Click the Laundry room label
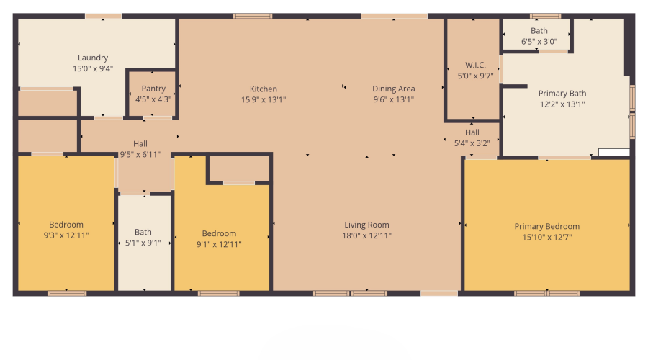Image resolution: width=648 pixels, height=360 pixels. pos(93,58)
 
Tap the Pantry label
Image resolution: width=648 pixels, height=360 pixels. pos(153,89)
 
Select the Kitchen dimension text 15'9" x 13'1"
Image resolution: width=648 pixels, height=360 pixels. pos(264,100)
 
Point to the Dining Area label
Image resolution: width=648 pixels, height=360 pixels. pos(393,89)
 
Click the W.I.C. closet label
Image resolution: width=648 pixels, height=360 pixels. pos(475,64)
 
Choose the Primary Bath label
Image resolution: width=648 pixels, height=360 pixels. pos(562,93)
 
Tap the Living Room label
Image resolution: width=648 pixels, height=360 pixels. pos(366,225)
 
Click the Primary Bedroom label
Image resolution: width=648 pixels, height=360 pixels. pos(546,226)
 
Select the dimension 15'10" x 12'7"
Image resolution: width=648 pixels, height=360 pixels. pos(546,237)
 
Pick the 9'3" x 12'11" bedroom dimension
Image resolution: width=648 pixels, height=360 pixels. pos(66,235)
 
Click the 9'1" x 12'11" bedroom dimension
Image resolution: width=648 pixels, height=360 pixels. pos(219,244)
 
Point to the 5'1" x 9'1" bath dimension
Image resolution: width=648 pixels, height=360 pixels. pos(143,243)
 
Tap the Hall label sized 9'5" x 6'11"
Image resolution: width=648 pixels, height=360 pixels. pos(140,143)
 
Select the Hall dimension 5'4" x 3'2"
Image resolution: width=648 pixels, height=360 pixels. pos(472,143)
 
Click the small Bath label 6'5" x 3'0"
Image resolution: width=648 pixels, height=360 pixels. pos(539,30)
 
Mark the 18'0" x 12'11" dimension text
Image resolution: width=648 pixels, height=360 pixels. pos(366,235)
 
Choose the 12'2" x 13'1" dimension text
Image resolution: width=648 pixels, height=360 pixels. pos(562,104)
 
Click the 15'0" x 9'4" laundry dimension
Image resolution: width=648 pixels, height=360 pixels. pos(93,68)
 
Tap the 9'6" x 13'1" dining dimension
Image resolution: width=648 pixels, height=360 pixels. pos(393,99)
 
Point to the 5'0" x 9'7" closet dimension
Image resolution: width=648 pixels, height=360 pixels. pos(475,75)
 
